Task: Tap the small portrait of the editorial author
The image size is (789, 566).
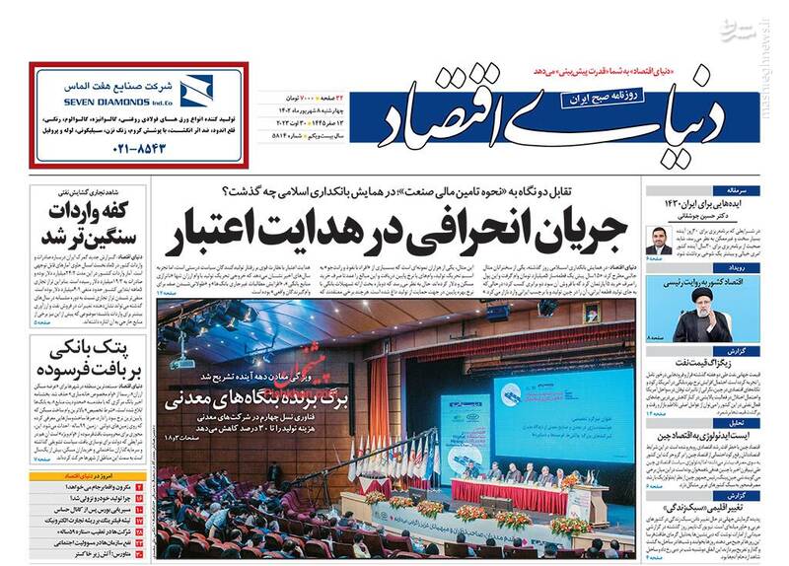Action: point(659,239)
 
